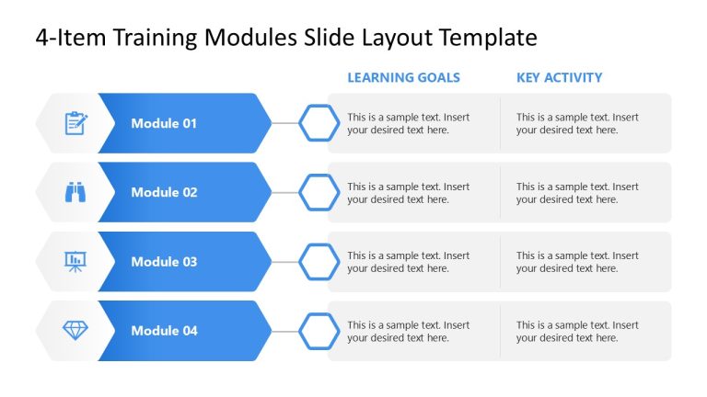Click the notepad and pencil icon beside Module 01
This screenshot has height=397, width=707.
pos(75,123)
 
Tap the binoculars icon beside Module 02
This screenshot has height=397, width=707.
pos(75,192)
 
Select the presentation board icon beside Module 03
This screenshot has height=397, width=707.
pos(75,262)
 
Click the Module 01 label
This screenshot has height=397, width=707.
pos(164,123)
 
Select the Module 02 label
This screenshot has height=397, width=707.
pos(164,192)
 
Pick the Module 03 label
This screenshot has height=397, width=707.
pos(164,262)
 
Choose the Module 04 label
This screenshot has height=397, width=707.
pos(164,331)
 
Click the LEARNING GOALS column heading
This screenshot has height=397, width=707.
pos(403,78)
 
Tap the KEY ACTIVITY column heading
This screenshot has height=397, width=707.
pos(559,78)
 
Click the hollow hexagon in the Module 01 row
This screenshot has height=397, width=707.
pos(319,123)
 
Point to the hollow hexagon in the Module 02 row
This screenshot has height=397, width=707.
pos(319,192)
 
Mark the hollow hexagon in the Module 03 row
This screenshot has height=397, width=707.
pos(319,262)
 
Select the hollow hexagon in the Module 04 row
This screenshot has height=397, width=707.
pos(319,331)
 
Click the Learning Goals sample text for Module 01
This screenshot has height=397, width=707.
pos(408,123)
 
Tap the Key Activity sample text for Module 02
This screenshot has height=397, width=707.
pos(577,193)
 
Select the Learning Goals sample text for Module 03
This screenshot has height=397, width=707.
pos(408,262)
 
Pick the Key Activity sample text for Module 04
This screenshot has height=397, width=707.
pos(577,332)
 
